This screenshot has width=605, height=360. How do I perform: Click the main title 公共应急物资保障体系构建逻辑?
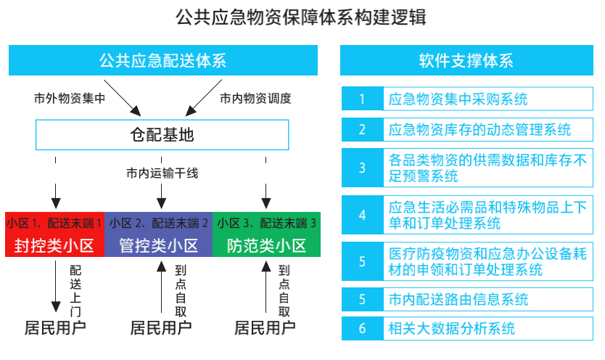(x=301, y=17)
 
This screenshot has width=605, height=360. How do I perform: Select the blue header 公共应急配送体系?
(x=162, y=60)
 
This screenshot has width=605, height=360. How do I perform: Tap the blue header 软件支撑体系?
(x=466, y=60)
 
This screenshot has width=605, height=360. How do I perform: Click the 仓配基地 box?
(x=162, y=135)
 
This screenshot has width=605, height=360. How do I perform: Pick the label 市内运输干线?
(x=162, y=173)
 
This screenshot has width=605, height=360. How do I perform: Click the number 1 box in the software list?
(x=362, y=99)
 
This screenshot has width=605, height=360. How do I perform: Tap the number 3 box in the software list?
(x=362, y=168)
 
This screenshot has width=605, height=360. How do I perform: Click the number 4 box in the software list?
(x=362, y=215)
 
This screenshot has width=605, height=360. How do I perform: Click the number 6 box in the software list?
(x=362, y=328)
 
